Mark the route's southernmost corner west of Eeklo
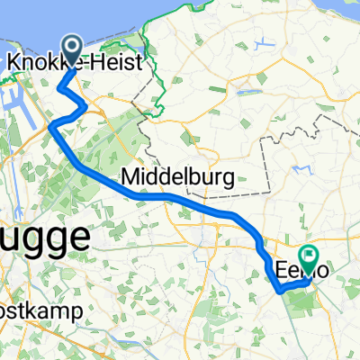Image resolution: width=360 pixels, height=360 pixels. click(281, 292)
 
